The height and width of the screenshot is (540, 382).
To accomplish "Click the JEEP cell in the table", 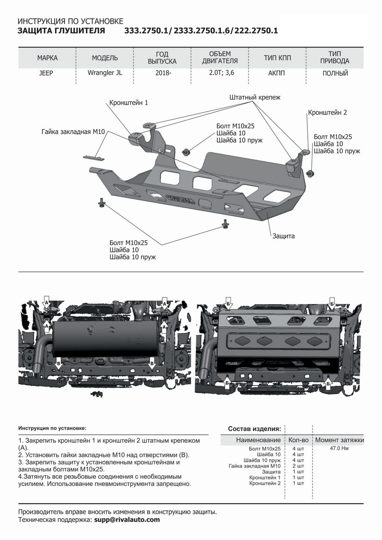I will click(x=46, y=73).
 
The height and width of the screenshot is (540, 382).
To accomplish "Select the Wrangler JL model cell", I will click(x=105, y=73).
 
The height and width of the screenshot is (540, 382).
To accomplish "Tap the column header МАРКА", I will click(x=47, y=58).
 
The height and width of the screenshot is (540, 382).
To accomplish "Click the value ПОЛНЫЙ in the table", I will click(x=335, y=73).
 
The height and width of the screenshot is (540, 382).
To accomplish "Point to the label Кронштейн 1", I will click(x=129, y=103).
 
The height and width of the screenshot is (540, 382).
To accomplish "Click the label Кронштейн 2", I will click(x=328, y=112).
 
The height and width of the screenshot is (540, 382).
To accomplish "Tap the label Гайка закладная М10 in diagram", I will click(x=73, y=131).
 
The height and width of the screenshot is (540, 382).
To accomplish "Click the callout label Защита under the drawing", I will click(x=283, y=236).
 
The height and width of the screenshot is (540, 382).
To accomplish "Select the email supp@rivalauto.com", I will click(x=127, y=520).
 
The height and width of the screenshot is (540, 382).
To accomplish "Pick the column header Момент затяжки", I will click(x=339, y=440).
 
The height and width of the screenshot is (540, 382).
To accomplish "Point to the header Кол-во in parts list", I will click(x=298, y=440).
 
